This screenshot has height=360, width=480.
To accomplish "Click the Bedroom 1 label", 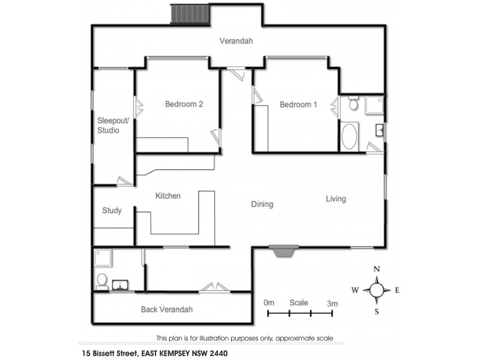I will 298,105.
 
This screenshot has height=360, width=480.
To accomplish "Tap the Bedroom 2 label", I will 184,104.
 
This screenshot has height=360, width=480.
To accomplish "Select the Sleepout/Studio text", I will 108,125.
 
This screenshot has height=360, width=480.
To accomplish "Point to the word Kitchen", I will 168,196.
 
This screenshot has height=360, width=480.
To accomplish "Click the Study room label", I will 112,211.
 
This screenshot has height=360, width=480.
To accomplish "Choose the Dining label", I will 262,204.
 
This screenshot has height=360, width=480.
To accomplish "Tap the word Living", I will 335,199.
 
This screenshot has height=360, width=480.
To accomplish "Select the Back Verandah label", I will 167,310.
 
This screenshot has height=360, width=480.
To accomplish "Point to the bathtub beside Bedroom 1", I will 349,136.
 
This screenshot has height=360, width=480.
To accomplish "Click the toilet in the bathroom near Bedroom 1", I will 353,105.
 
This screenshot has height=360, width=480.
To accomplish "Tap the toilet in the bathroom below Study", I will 102,281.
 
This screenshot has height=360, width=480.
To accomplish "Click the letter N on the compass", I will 376,269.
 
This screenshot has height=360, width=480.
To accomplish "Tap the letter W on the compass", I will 355,290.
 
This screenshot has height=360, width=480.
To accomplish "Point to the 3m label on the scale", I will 332,303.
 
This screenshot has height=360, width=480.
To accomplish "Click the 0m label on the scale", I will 268,303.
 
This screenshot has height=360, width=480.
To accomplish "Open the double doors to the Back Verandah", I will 215,287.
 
